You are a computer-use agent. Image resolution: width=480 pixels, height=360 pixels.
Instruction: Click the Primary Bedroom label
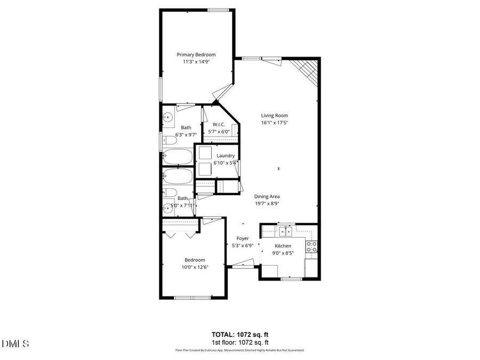pyautogui.click(x=196, y=54)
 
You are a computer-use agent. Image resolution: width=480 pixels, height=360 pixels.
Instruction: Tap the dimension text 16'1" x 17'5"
pyautogui.click(x=275, y=123)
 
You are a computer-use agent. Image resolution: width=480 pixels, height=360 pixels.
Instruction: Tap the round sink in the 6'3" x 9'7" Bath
pyautogui.click(x=169, y=117)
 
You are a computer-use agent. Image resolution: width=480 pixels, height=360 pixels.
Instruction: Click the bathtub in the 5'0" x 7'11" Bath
pyautogui.click(x=178, y=176)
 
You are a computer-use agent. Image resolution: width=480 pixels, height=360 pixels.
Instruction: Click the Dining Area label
pyautogui.click(x=267, y=196)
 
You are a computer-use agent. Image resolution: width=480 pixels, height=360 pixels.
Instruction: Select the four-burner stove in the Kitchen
pyautogui.click(x=311, y=246)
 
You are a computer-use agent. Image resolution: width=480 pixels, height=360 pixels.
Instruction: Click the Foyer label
pyautogui.click(x=243, y=238)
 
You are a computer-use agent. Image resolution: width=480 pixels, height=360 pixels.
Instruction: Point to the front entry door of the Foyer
pyautogui.click(x=241, y=263)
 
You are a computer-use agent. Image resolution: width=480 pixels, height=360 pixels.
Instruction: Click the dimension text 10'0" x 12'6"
pyautogui.click(x=195, y=267)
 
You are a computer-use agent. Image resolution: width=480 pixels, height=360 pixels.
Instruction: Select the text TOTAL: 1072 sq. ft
pyautogui.click(x=240, y=334)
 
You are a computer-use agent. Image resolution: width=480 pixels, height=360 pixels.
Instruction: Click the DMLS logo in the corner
pyautogui.click(x=15, y=344)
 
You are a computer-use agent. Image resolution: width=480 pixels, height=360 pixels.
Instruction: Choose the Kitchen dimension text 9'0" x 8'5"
pyautogui.click(x=282, y=253)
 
